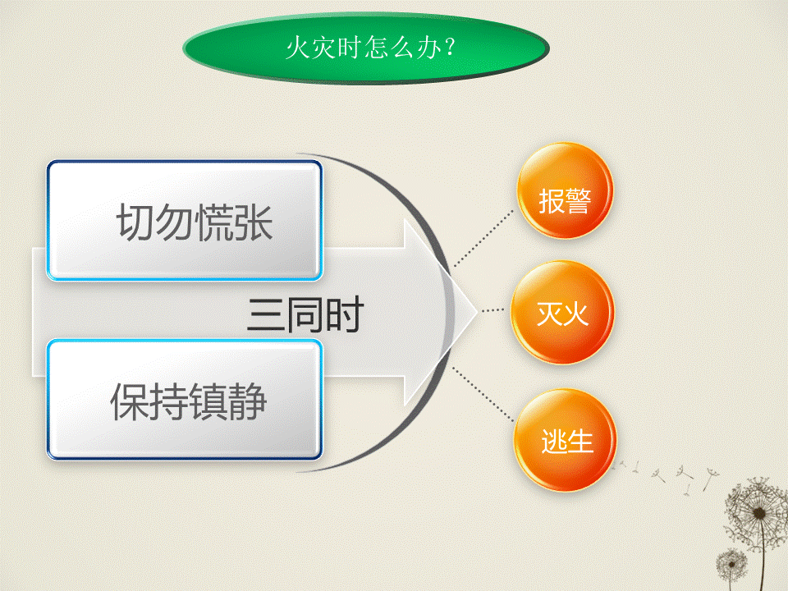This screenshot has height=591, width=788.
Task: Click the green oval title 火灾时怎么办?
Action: (366, 48)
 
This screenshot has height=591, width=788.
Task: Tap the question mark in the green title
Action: (450, 47)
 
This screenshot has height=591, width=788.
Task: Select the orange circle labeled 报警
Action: (565, 190)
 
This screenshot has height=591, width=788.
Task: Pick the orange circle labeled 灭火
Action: (562, 312)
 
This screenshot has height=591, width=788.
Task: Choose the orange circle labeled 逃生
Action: (566, 440)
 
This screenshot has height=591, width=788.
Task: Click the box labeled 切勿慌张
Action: (185, 220)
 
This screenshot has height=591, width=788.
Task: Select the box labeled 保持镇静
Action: (185, 400)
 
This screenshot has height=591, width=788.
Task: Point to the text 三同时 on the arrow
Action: (305, 314)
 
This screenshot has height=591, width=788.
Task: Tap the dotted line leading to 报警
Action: (483, 238)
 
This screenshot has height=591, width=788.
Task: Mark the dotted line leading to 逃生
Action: (483, 395)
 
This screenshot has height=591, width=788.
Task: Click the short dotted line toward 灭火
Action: (492, 310)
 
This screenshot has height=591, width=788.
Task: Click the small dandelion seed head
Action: (731, 564)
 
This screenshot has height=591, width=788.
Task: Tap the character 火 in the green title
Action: (298, 48)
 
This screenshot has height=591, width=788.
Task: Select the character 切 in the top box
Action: (135, 222)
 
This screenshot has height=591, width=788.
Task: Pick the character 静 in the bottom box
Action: (247, 401)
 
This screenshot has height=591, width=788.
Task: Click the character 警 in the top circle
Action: (577, 201)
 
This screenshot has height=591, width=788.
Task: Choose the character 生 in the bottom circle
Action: (580, 442)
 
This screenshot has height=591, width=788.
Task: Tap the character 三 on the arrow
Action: (265, 314)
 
